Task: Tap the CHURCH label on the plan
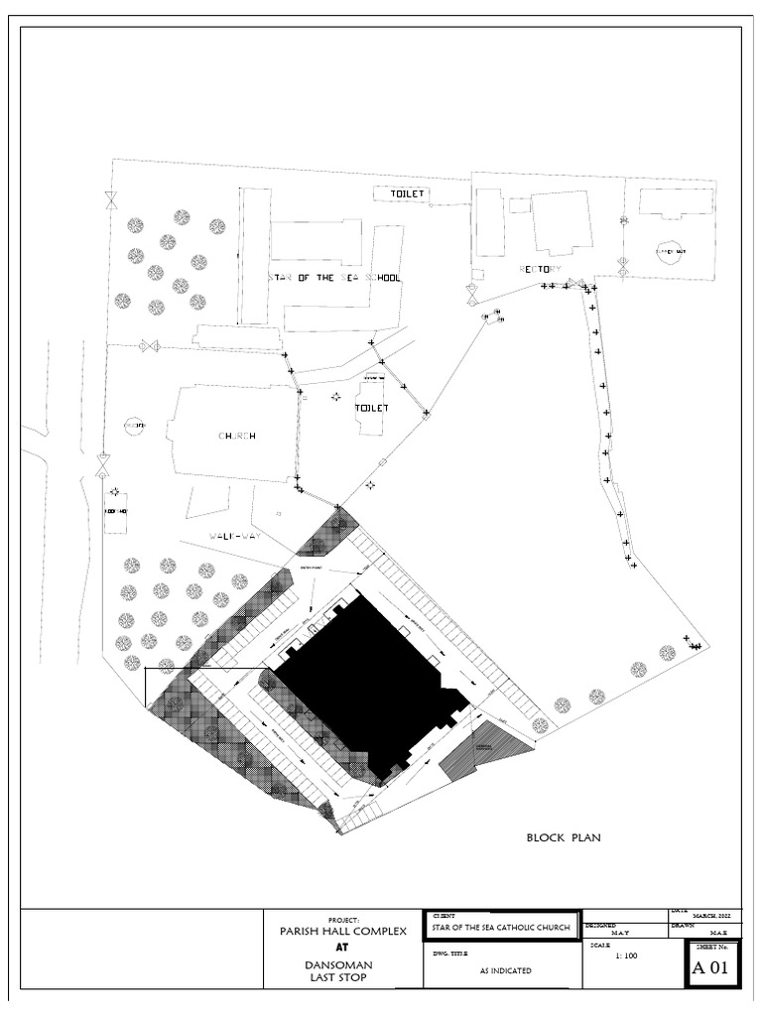tap(238, 437)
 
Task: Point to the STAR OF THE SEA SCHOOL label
tap(334, 279)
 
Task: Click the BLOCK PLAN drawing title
tap(564, 838)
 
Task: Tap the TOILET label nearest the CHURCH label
tap(373, 408)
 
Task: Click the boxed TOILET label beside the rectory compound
tap(399, 192)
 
